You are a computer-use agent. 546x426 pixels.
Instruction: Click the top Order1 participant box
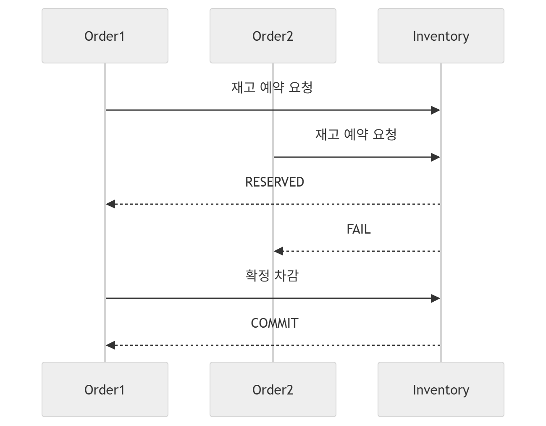[x=105, y=36]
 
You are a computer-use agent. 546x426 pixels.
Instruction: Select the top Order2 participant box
[x=273, y=36]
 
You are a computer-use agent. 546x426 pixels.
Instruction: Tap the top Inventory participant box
[x=441, y=36]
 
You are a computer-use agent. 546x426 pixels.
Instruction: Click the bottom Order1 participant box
[x=105, y=389]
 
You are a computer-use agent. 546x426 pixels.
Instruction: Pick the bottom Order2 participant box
[x=273, y=389]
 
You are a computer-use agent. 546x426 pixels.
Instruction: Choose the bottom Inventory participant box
[x=441, y=389]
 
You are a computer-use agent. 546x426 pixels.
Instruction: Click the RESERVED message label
[x=275, y=182]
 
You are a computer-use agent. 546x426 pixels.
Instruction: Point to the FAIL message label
[x=359, y=229]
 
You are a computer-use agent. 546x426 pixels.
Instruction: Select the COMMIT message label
[x=275, y=323]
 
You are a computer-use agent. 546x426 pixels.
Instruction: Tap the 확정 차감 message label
[x=272, y=276]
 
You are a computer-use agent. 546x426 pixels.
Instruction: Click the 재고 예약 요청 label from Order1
[x=272, y=87]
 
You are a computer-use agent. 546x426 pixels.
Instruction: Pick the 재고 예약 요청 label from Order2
[x=356, y=134]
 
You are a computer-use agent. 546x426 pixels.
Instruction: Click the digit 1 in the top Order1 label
[x=122, y=36]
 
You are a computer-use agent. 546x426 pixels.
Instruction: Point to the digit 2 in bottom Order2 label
[x=289, y=390]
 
